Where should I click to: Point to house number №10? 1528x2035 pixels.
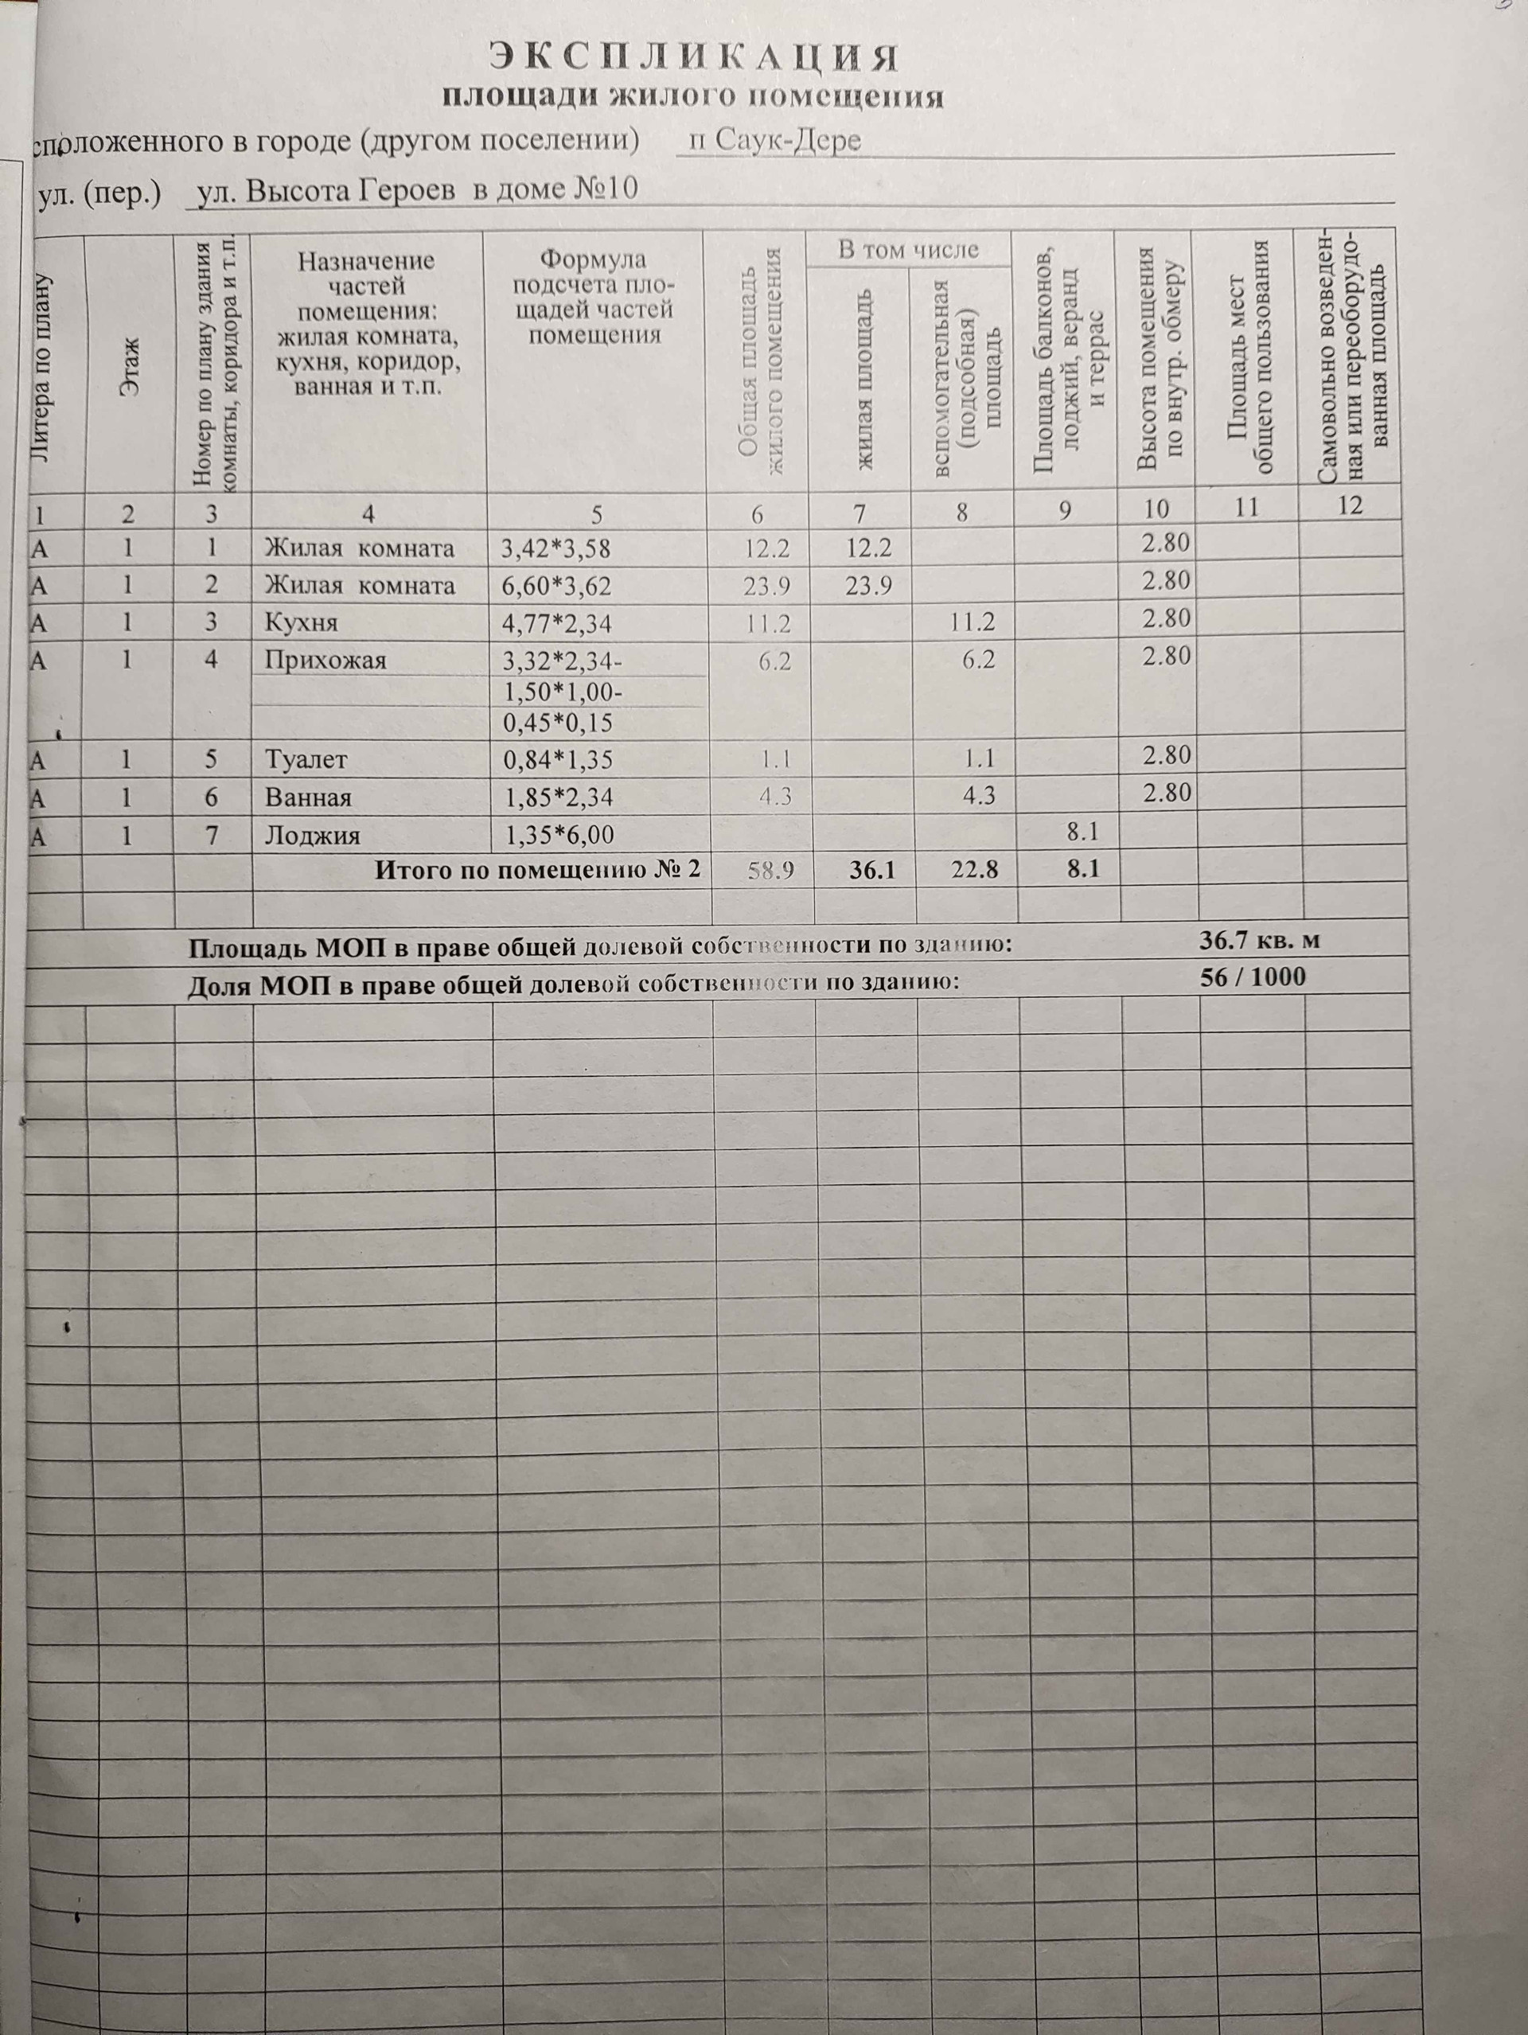click(606, 189)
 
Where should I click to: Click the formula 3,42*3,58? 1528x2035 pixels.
click(555, 549)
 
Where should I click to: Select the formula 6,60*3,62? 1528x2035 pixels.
click(555, 586)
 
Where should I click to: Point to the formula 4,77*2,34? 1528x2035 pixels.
click(555, 625)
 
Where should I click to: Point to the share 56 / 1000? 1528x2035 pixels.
click(1253, 977)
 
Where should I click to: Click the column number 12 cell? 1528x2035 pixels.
click(1350, 506)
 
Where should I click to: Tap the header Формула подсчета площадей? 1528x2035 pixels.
click(594, 296)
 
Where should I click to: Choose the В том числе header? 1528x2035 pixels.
click(907, 249)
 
